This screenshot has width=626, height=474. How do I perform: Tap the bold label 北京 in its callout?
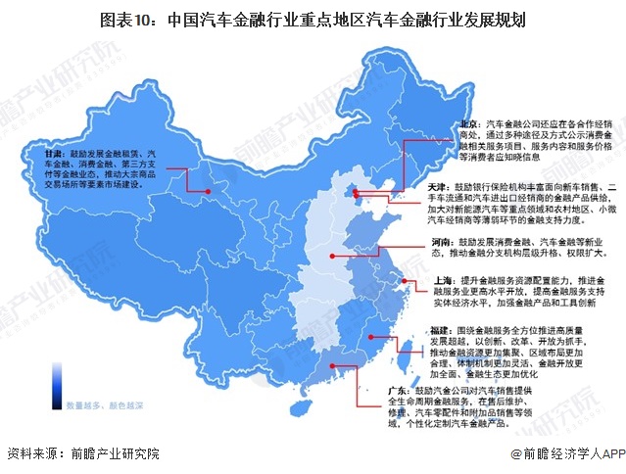(x=472, y=125)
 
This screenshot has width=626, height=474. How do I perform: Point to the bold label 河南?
(x=441, y=240)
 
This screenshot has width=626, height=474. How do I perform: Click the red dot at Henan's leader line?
(x=333, y=258)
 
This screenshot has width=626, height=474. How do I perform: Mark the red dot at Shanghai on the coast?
(x=404, y=281)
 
